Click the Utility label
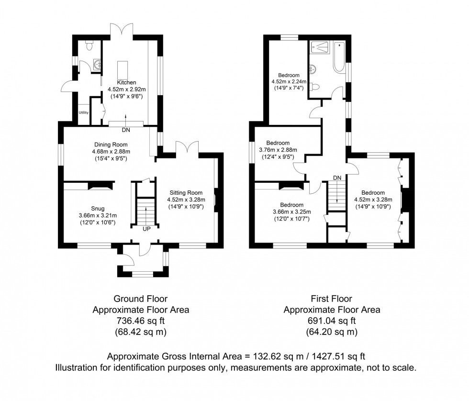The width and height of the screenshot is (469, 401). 84,112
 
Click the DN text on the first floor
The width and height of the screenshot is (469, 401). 337,178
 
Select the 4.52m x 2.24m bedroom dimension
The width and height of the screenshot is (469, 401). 289,82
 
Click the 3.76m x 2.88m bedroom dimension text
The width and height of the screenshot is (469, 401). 278,150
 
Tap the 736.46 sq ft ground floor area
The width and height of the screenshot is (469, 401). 140,321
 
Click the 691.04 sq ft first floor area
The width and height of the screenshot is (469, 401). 332,321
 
